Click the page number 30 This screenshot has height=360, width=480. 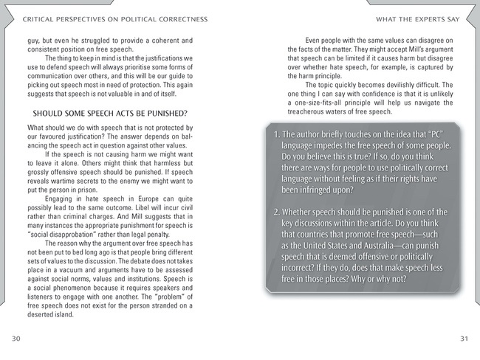[16, 338]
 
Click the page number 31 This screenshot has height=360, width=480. [464, 338]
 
